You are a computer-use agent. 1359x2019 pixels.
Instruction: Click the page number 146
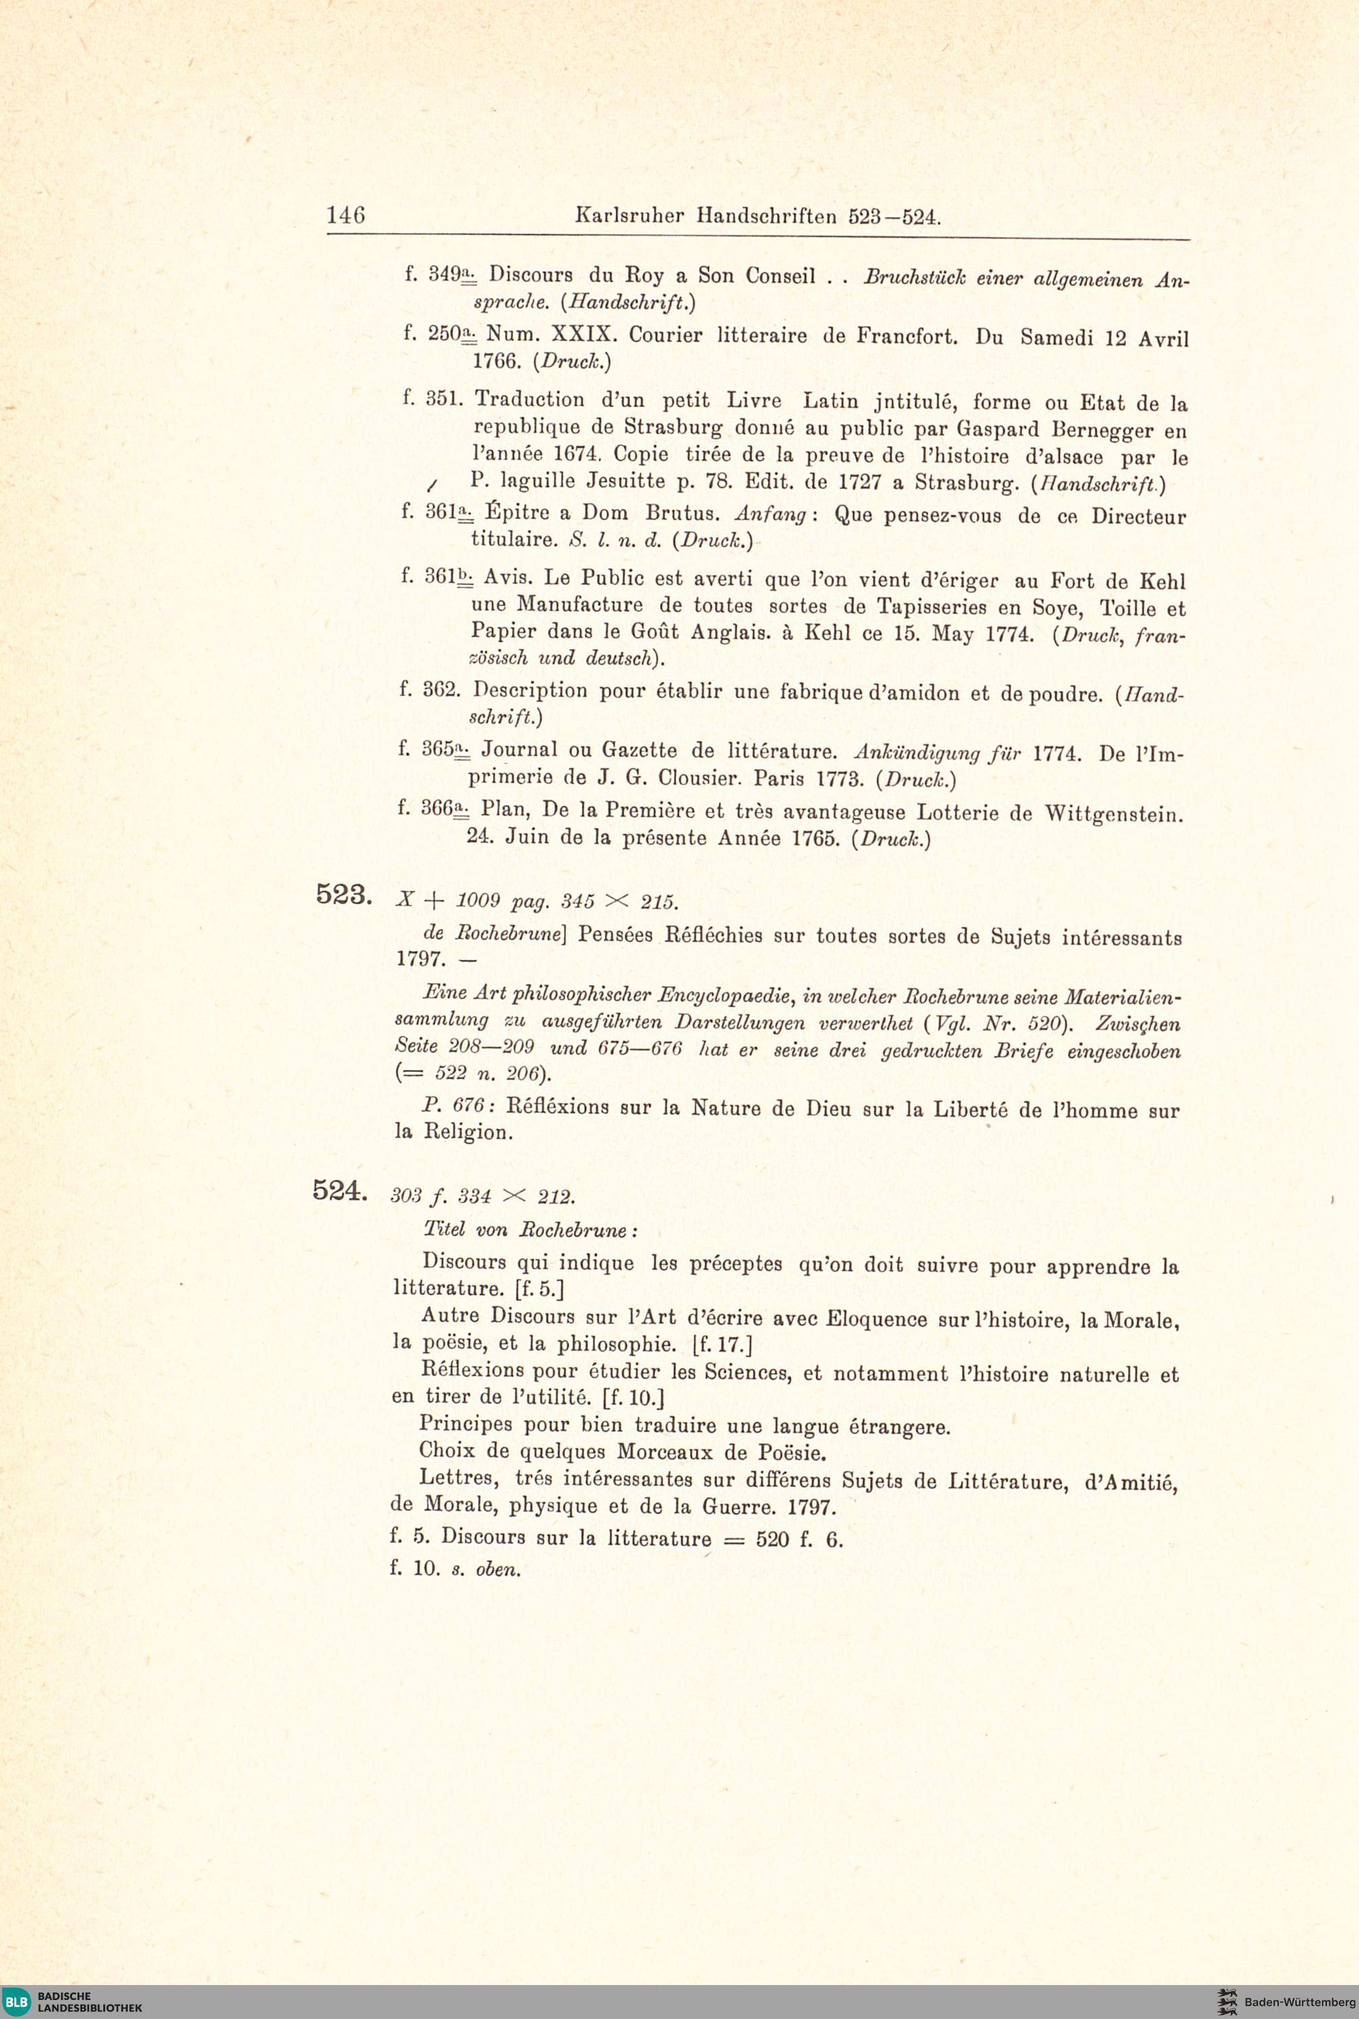point(346,214)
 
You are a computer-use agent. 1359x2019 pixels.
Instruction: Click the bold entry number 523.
point(343,893)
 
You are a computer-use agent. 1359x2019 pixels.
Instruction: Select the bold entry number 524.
point(340,1192)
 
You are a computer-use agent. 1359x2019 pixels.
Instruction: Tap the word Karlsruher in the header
point(629,216)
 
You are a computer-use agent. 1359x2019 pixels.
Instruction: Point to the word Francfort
point(906,336)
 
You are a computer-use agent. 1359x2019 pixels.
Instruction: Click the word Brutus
point(682,514)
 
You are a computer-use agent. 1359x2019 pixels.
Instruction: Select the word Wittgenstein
point(1113,815)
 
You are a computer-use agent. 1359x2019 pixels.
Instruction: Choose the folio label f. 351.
point(434,399)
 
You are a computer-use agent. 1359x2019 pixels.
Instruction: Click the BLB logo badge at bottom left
point(18,2001)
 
